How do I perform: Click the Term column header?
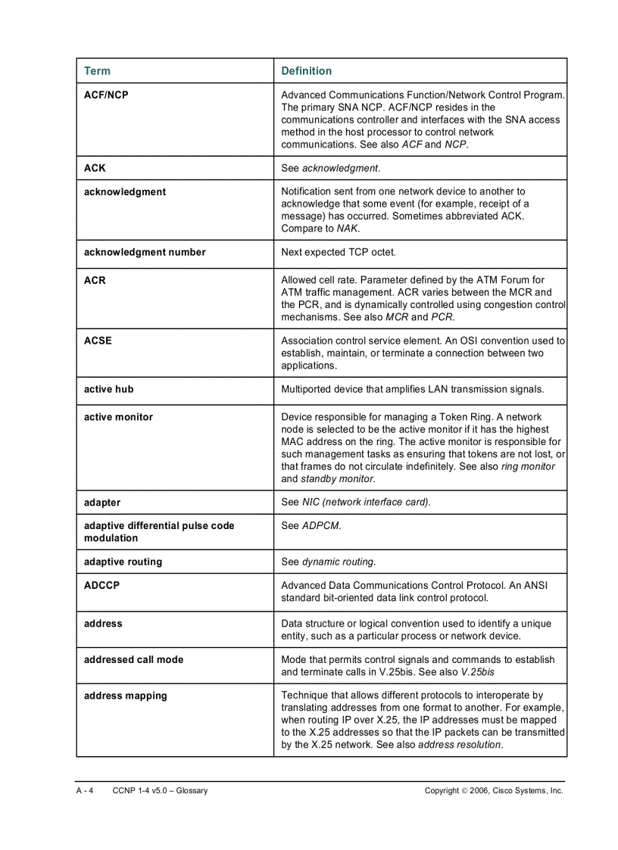pos(97,71)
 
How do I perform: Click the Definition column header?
pos(306,71)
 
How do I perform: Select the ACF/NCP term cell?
pos(106,95)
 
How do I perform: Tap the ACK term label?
pos(95,168)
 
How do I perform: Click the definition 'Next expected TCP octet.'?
pos(339,252)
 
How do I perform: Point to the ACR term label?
pos(95,280)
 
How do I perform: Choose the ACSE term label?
pos(98,341)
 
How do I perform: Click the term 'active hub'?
pos(108,389)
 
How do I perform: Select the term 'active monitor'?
pos(118,417)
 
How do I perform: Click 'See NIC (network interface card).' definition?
pos(356,503)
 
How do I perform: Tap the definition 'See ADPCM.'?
pos(311,525)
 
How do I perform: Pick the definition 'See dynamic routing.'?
pos(328,562)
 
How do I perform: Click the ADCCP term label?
pos(101,585)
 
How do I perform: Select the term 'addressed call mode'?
pos(133,659)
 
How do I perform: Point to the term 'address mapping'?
pos(125,696)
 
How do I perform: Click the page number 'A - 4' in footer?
pos(84,790)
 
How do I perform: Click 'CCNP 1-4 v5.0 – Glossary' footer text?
pos(160,790)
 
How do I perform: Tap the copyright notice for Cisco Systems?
pos(494,790)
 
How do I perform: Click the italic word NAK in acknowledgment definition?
pos(348,229)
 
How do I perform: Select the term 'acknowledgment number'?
pos(145,252)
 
